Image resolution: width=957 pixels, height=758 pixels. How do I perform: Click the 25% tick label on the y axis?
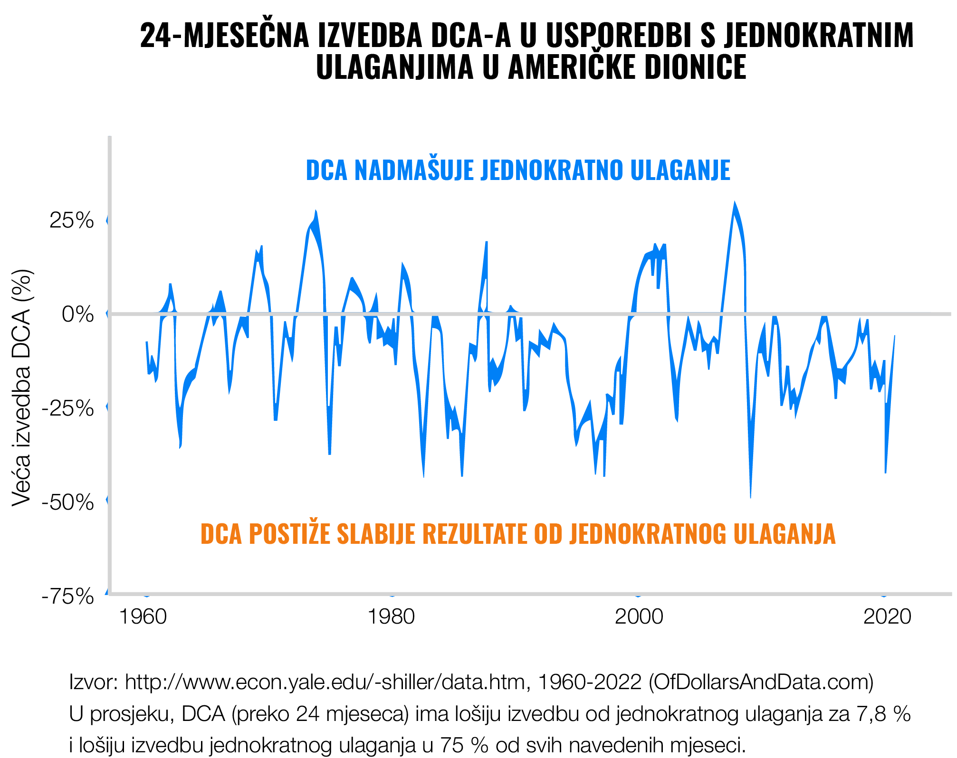pos(72,221)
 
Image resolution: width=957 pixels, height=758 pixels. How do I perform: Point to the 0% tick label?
pos(78,314)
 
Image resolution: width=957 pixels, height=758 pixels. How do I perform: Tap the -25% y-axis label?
pos(68,408)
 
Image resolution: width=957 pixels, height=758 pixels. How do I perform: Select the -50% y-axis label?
pos(68,502)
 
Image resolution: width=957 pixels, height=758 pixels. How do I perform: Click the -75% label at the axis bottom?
pos(68,597)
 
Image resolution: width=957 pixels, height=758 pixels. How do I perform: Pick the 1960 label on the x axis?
pos(143,616)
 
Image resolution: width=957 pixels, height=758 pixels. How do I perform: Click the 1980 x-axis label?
pos(391,616)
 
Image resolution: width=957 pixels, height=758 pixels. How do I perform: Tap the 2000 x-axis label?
pos(639,616)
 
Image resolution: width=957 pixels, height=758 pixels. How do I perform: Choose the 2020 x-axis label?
pos(887,616)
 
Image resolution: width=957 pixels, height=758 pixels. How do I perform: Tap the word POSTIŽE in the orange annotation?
pos(289,534)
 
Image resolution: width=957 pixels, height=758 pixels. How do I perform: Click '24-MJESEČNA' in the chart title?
pos(224,36)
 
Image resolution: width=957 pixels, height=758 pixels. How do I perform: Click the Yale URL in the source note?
pos(325,682)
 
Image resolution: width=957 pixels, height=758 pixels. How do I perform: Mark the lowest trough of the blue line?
pos(750,497)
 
